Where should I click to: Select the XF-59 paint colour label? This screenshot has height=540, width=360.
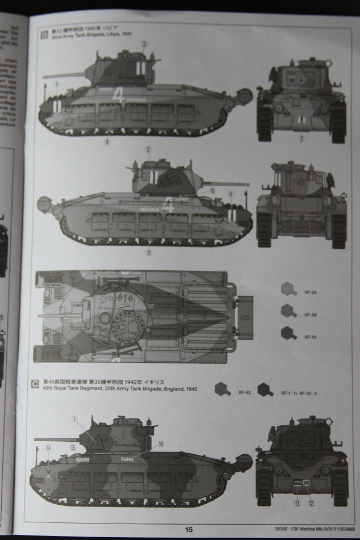click(309, 315)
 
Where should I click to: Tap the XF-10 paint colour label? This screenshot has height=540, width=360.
click(309, 337)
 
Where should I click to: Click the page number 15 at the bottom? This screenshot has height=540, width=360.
click(189, 529)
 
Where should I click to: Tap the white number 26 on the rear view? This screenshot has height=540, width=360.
click(306, 483)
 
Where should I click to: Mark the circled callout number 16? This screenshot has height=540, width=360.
click(161, 443)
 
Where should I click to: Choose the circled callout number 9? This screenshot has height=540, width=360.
click(106, 143)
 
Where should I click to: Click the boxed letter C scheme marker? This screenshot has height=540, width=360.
click(35, 383)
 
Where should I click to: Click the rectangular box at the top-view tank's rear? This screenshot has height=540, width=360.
click(245, 317)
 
